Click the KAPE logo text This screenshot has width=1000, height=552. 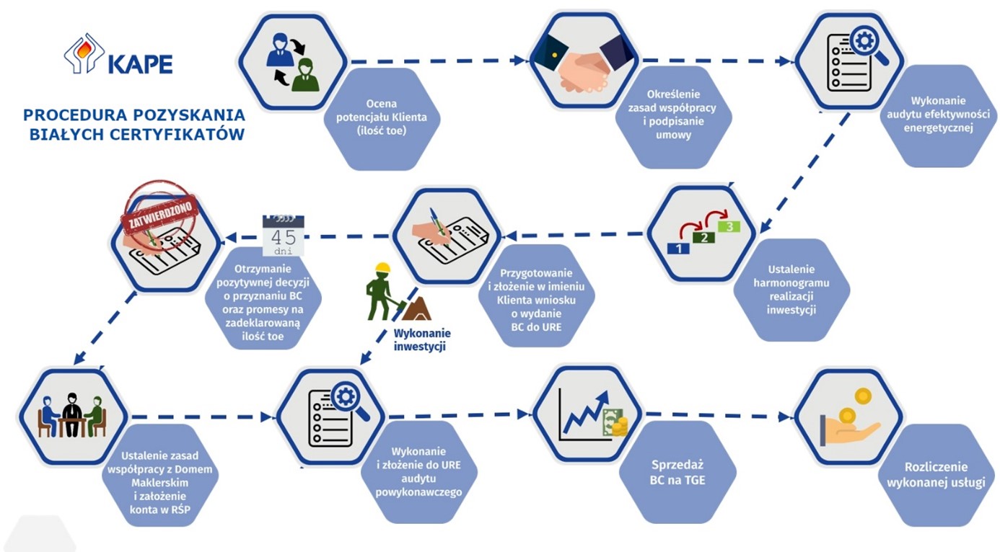(x=140, y=65)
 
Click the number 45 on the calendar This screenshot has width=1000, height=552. (x=284, y=237)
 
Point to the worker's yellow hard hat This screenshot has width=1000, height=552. (x=382, y=267)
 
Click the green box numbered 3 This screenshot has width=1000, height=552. (x=729, y=226)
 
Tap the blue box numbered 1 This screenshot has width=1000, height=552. (x=678, y=249)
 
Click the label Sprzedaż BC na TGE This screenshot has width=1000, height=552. (x=677, y=472)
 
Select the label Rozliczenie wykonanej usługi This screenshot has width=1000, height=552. (x=936, y=475)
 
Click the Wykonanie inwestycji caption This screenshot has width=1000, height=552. (x=422, y=339)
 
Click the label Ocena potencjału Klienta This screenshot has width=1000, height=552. (x=381, y=117)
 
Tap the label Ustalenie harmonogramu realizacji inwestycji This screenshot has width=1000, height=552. (x=791, y=290)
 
